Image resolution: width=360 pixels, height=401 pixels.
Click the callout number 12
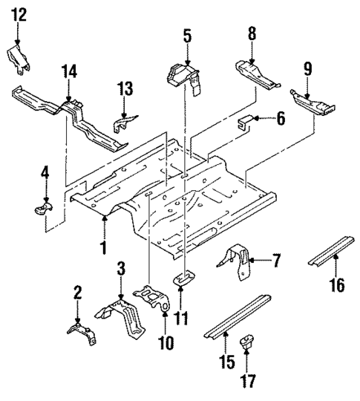pos(18,13)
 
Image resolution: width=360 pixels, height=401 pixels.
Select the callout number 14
pos(69,73)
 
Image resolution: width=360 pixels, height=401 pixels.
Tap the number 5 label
pos(187,36)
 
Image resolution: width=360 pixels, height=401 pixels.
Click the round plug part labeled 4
pos(43,210)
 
